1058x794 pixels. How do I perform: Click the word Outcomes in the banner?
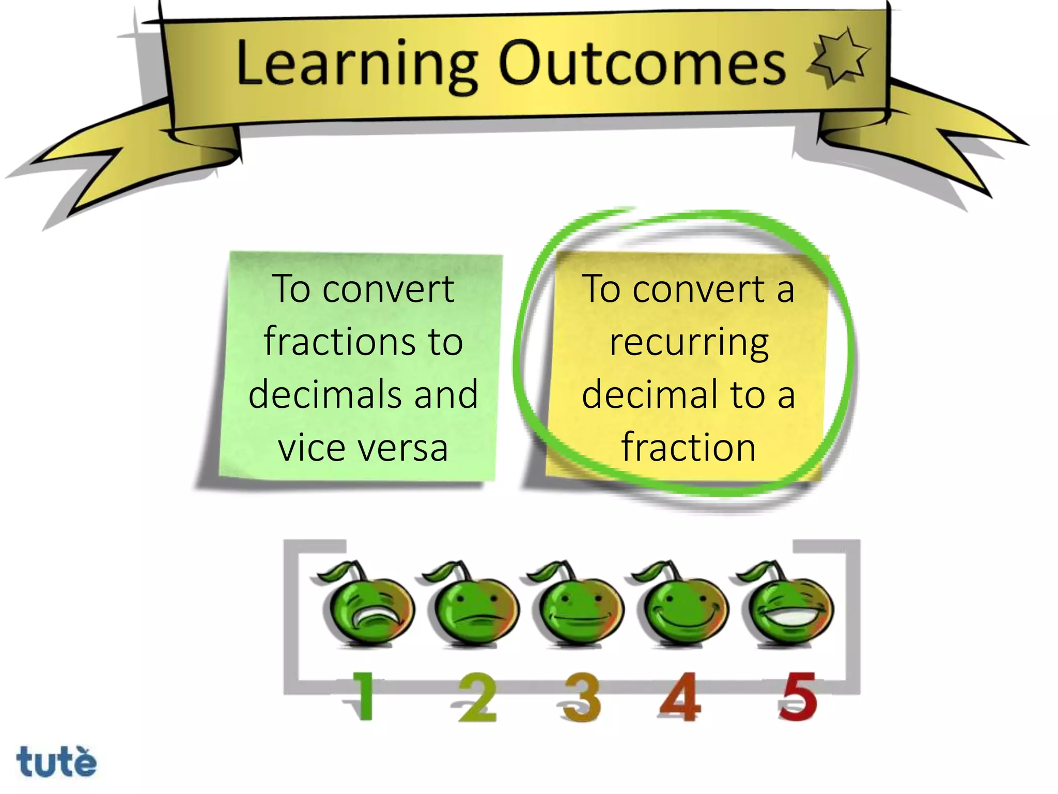642,64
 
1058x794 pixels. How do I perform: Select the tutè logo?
56,761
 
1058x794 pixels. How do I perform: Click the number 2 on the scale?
477,697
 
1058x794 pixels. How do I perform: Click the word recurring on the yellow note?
689,343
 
